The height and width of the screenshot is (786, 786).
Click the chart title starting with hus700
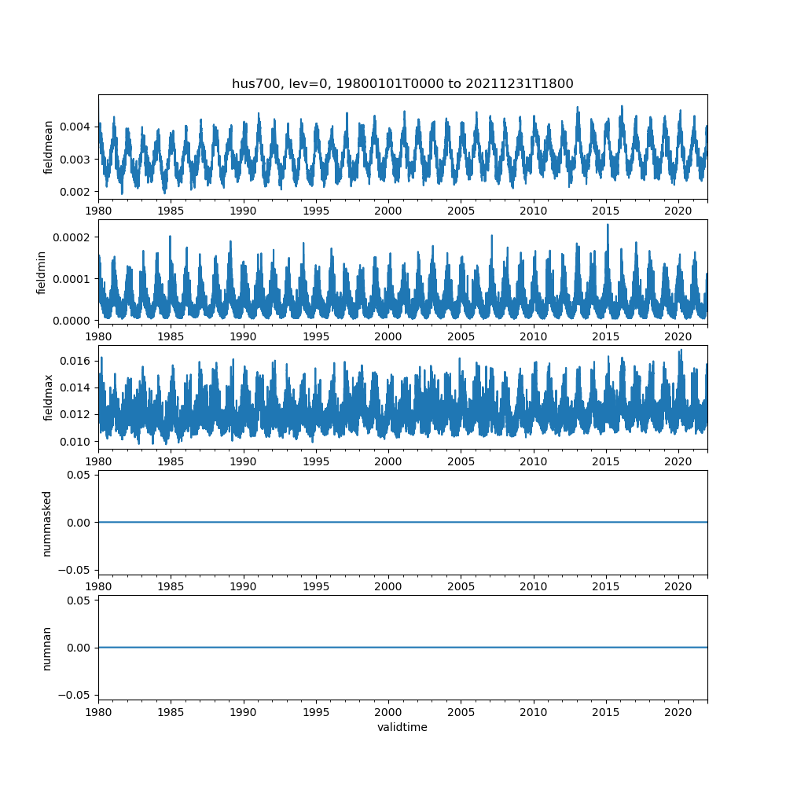[x=402, y=83]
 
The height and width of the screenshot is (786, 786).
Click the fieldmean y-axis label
[x=48, y=147]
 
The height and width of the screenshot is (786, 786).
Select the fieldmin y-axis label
[x=42, y=272]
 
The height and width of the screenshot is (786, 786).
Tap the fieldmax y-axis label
[x=48, y=397]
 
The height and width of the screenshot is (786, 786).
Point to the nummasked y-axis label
[x=46, y=523]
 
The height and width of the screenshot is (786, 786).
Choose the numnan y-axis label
[x=46, y=648]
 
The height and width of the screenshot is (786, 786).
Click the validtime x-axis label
[x=402, y=728]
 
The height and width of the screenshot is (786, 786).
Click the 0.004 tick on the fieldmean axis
[x=77, y=127]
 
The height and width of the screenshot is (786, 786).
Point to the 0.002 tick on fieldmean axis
[x=77, y=192]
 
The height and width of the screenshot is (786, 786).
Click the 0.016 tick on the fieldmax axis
[x=77, y=361]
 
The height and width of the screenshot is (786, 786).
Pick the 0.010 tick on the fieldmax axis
[x=77, y=442]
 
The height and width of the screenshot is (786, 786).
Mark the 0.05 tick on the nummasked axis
[x=80, y=475]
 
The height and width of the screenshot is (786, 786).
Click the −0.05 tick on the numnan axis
[x=78, y=694]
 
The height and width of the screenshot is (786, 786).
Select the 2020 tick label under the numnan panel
[x=678, y=712]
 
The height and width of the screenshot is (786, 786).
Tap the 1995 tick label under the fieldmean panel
[x=316, y=211]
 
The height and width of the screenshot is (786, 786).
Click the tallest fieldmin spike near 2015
[x=607, y=225]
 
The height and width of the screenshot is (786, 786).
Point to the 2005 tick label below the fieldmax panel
[x=461, y=461]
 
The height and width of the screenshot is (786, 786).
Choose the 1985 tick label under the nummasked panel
[x=171, y=586]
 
